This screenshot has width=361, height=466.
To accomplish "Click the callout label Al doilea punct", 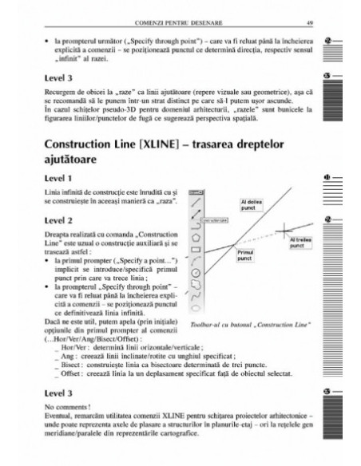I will pos(250,203).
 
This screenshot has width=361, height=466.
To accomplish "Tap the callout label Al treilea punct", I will pos(300,242).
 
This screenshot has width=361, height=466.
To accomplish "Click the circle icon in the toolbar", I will pos(195,282).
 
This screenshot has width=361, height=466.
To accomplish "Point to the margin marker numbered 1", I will pos(328,196).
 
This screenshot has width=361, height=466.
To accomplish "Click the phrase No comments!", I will pos(63,406).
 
